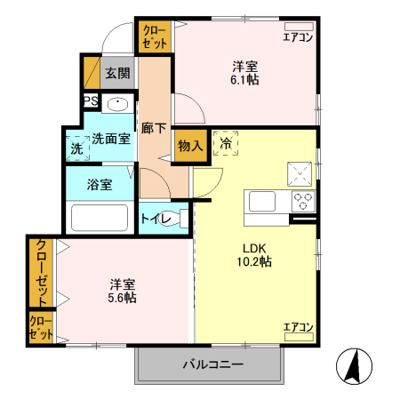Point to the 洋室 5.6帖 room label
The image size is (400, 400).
[x=123, y=291]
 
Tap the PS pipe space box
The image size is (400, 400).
[x=90, y=102]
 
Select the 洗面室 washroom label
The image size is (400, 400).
[x=111, y=139]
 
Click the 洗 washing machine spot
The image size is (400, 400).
[x=76, y=148]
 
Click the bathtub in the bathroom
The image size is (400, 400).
[x=100, y=219]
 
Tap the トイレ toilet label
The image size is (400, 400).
[x=156, y=216]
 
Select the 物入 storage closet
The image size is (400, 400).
[x=189, y=146]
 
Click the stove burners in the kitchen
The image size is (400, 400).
[x=303, y=200]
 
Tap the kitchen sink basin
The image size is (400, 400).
[x=264, y=202]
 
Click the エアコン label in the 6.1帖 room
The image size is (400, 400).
[x=298, y=36]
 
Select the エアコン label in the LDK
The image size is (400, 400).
[x=298, y=328]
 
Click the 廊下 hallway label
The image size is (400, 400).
[x=155, y=128]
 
